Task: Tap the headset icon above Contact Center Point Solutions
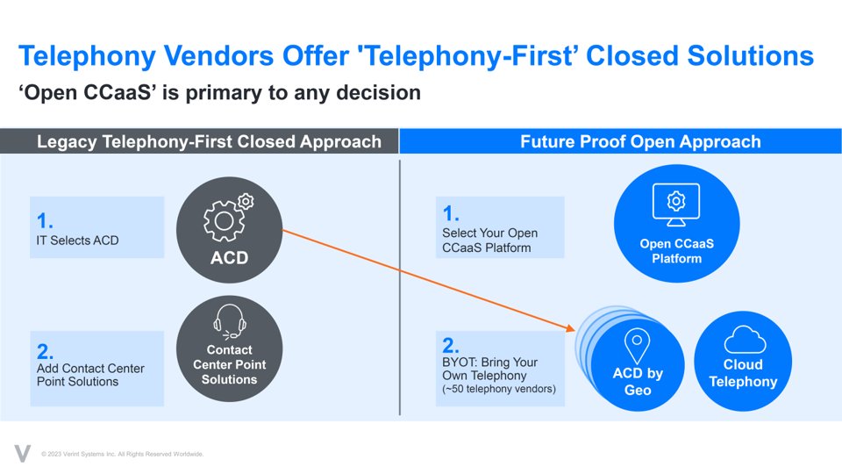click(x=229, y=320)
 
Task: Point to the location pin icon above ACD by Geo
click(x=635, y=345)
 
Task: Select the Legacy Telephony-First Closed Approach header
click(x=209, y=141)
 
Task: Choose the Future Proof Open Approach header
click(x=640, y=141)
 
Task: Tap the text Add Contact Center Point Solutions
click(x=90, y=375)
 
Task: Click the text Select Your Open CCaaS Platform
click(x=489, y=240)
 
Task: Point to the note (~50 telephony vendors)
click(x=499, y=389)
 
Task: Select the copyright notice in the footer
click(x=123, y=454)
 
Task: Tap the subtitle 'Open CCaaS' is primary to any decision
click(x=219, y=92)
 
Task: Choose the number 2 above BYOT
click(x=451, y=344)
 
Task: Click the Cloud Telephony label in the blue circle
click(x=743, y=373)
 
